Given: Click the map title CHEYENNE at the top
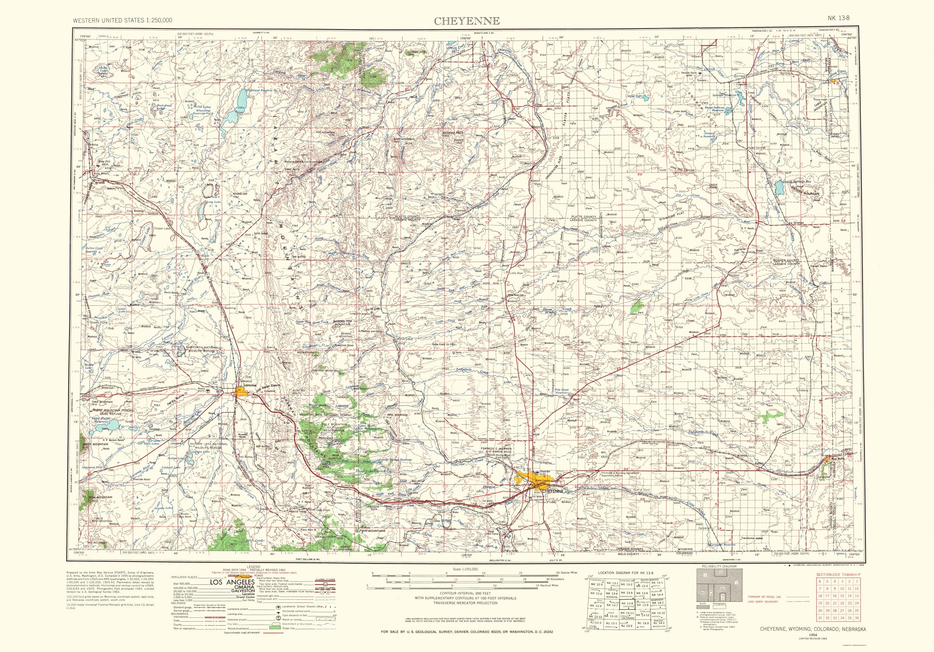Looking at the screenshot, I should click(467, 21).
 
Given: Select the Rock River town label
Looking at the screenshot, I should click(101, 174).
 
